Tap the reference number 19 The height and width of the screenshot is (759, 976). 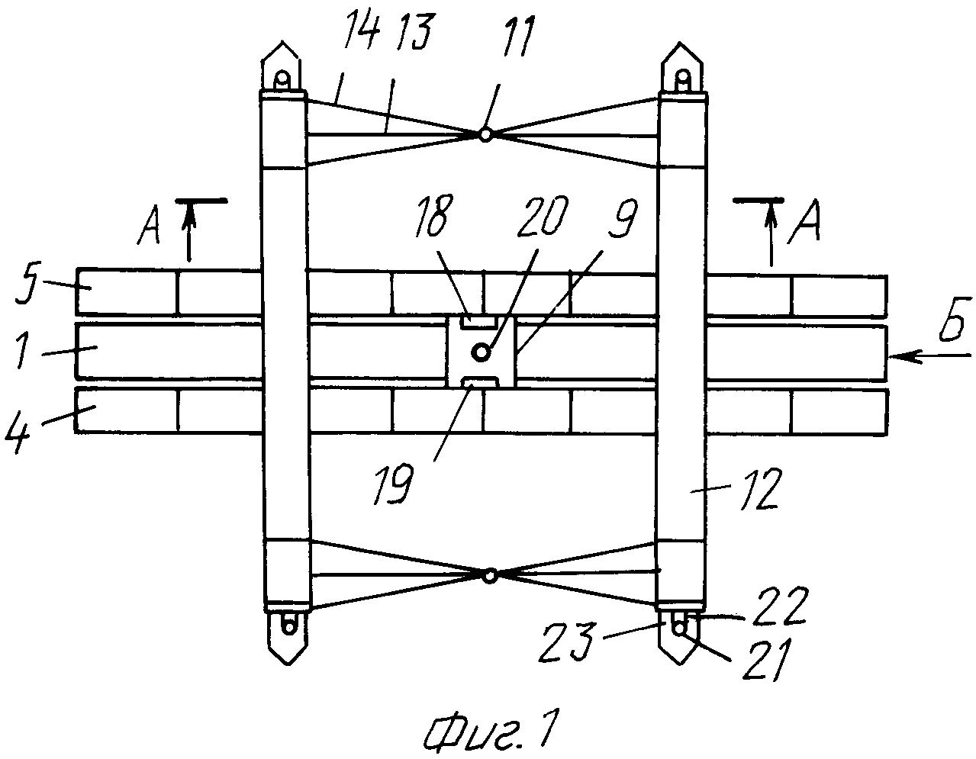coord(394,484)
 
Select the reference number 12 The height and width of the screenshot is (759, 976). coord(759,489)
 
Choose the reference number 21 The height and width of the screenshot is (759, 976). coord(765,660)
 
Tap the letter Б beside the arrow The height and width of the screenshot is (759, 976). coord(953,320)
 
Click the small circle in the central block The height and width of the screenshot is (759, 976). coord(482,352)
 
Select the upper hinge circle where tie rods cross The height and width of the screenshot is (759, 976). coord(485,134)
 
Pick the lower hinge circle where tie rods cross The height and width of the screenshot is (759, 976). coord(490,575)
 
